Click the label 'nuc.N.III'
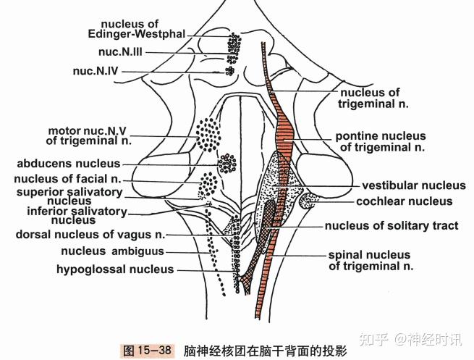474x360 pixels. (119, 52)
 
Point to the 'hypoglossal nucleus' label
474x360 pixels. (116, 269)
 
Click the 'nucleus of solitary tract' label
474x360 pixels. (392, 226)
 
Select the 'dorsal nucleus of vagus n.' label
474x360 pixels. (91, 234)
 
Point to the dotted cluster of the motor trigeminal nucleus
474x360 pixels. (211, 135)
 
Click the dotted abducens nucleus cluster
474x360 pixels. (227, 164)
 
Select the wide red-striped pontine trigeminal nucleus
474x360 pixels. (287, 138)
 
